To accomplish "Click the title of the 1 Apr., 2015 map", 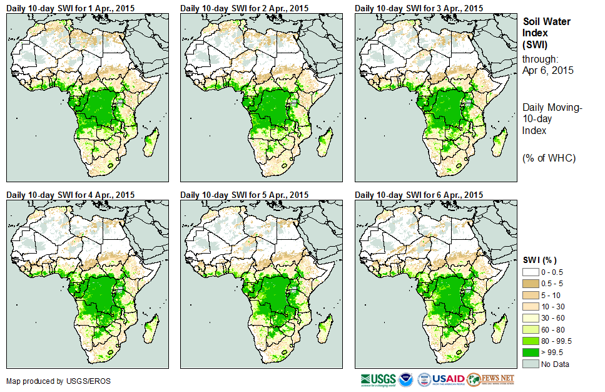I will (x=70, y=8).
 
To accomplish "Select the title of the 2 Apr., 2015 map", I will (x=245, y=8).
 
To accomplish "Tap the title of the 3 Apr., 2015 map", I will (x=419, y=8).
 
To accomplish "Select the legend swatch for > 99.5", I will (x=530, y=353).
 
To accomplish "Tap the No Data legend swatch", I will (x=530, y=364).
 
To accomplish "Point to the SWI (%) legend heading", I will (x=539, y=260).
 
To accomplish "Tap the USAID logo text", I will (x=449, y=379).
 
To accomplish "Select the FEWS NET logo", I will (x=491, y=379).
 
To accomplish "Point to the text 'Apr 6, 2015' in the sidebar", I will (x=547, y=71).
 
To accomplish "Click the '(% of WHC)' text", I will (x=549, y=158).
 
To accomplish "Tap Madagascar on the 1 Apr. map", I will (x=150, y=143).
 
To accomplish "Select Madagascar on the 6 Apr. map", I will (x=499, y=330).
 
